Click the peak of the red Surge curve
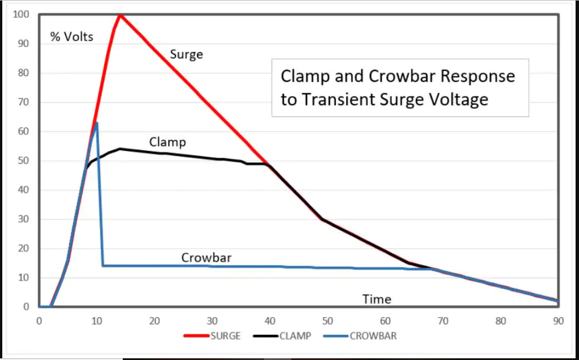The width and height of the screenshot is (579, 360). [120, 14]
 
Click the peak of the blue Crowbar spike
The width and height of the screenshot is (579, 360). [97, 123]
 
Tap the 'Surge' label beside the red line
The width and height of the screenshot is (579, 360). [186, 55]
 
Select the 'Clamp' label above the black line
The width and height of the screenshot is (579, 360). [167, 142]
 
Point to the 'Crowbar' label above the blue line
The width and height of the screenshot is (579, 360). [206, 258]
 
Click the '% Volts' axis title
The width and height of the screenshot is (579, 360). [72, 38]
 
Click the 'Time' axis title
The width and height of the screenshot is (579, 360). [377, 299]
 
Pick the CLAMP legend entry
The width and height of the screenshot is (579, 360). [295, 336]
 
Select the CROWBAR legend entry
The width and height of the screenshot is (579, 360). [373, 336]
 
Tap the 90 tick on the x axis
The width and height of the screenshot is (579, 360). [558, 321]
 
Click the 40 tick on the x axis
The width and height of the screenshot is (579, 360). [270, 321]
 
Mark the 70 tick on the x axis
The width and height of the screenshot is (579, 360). [443, 321]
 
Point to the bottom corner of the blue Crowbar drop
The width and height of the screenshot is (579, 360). [103, 266]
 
